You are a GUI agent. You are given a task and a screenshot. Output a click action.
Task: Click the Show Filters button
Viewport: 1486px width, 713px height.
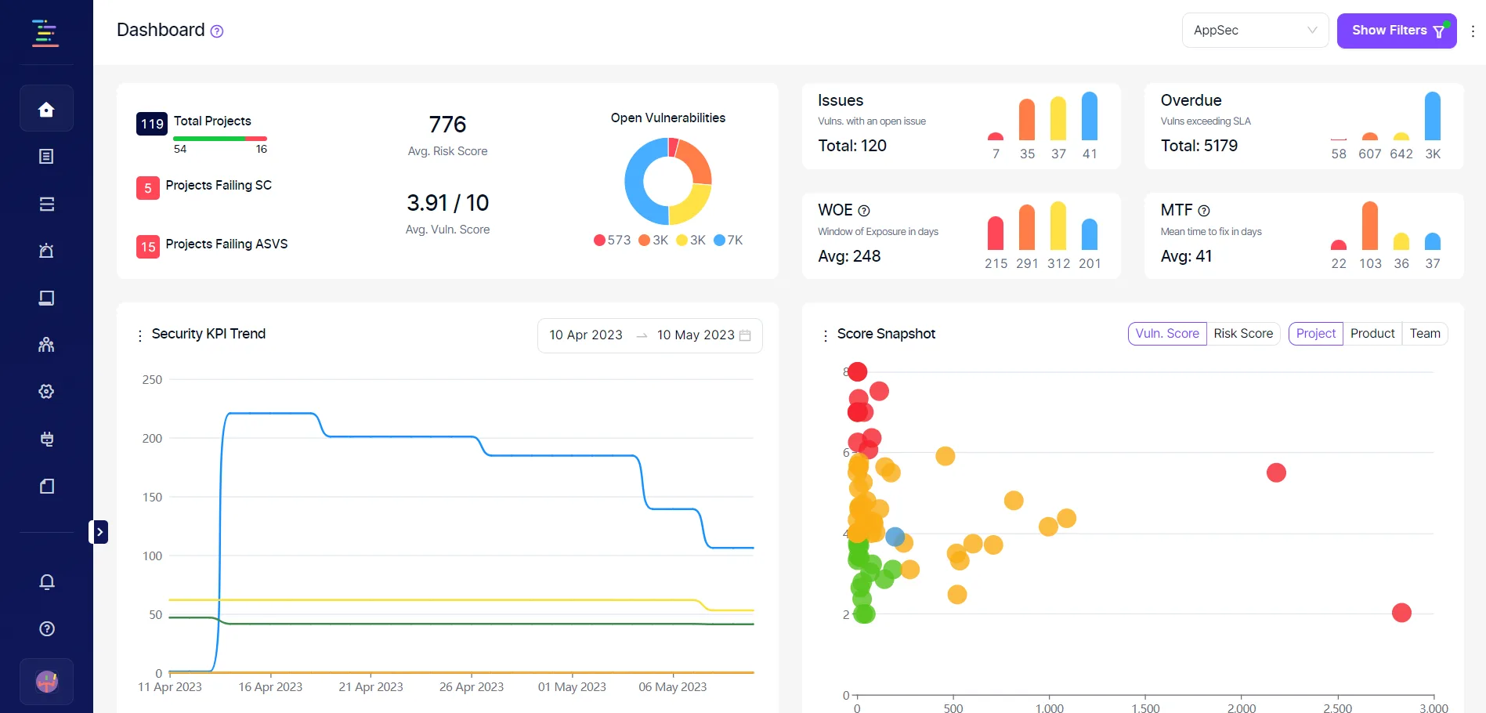(1396, 31)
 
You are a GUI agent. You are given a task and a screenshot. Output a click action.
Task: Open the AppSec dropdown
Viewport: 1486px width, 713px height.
(1254, 31)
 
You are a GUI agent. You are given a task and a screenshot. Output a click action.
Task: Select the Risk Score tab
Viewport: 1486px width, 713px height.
(1243, 334)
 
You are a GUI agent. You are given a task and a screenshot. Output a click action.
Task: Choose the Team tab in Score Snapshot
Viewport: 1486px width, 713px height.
(1425, 334)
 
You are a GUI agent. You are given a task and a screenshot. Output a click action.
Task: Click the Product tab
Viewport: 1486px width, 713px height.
(1372, 334)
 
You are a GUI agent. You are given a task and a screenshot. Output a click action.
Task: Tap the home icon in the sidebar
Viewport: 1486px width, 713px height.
(46, 109)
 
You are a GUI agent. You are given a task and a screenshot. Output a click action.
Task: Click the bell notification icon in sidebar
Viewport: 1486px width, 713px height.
(47, 582)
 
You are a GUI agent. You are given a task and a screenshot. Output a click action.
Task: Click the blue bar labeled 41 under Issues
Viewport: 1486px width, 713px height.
(1089, 117)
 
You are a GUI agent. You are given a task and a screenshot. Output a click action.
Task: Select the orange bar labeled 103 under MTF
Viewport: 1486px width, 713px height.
(1369, 226)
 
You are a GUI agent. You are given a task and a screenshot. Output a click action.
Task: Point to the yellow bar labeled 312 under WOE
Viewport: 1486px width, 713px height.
(1058, 226)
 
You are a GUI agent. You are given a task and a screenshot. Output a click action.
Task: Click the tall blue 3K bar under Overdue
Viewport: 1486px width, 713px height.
(1432, 117)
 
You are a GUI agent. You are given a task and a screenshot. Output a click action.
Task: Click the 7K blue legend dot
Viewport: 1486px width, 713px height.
(719, 241)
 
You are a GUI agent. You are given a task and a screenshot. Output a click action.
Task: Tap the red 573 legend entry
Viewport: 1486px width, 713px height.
(612, 241)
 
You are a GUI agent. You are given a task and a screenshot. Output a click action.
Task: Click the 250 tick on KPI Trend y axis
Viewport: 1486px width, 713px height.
(152, 380)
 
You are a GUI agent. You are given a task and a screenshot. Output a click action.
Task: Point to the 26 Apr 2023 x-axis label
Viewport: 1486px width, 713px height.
(471, 687)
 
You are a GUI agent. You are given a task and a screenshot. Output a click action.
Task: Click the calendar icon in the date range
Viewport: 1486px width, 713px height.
(745, 335)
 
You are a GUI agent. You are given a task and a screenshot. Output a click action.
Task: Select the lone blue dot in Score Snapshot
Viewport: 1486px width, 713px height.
(895, 537)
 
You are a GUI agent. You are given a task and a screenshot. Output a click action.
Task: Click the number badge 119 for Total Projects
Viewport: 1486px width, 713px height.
(152, 124)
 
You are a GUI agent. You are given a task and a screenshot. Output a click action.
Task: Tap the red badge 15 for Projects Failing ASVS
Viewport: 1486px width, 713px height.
(147, 247)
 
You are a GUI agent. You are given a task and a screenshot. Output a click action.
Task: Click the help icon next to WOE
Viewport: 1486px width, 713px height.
(864, 211)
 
